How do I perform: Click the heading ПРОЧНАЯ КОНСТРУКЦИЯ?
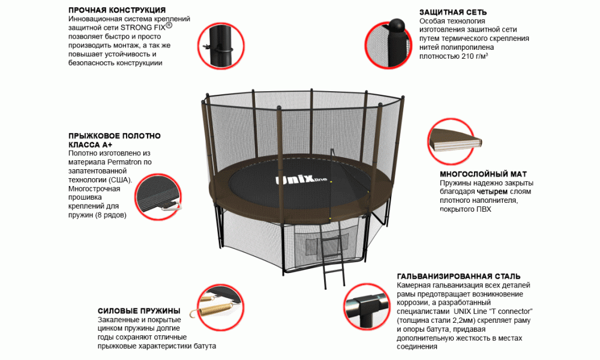pos(117,10)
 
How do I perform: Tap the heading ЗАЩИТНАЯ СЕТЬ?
pos(453,12)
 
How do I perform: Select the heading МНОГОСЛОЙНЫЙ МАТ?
pos(483,175)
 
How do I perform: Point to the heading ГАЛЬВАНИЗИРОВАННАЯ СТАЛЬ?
pos(459,276)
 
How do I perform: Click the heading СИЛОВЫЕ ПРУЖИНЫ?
pos(139,311)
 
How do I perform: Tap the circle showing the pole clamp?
pos(221,46)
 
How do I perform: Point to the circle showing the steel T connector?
pos(367,307)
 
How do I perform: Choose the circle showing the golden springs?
pos(221,308)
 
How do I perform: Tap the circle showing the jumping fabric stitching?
pos(158,197)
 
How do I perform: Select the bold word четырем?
pos(492,191)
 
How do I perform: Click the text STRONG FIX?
pos(143,28)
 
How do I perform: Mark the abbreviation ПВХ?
pos(484,209)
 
